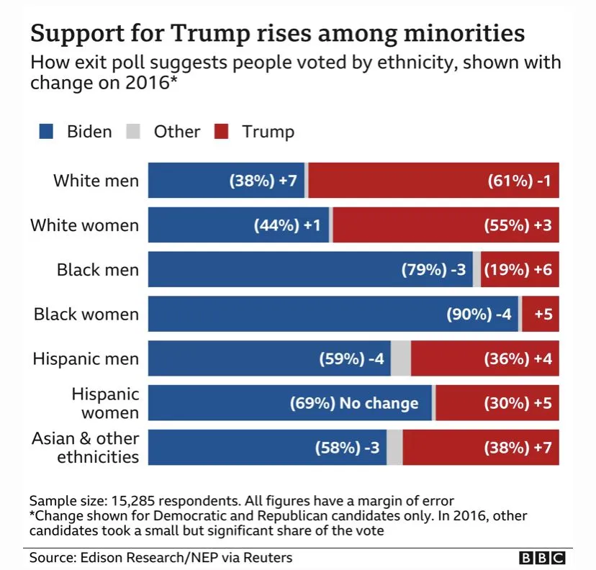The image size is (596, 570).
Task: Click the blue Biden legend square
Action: (47, 132)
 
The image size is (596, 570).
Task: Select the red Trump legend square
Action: (221, 132)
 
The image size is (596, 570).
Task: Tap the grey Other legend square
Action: (133, 132)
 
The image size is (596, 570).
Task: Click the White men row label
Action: (96, 181)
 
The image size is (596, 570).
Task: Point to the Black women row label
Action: (86, 315)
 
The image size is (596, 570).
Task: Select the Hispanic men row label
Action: (86, 359)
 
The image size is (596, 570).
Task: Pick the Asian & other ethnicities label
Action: (85, 448)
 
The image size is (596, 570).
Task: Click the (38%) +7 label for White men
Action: (263, 181)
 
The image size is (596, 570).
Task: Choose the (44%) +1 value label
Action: (286, 225)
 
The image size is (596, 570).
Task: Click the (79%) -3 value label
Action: (433, 270)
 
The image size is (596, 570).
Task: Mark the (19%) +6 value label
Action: (518, 270)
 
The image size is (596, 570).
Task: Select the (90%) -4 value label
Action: (479, 315)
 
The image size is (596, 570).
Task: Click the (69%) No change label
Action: (353, 403)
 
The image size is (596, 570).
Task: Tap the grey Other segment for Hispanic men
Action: (401, 359)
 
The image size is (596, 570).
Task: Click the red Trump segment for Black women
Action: (541, 315)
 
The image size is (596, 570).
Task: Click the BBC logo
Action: (542, 558)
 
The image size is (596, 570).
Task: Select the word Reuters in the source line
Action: (268, 558)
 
